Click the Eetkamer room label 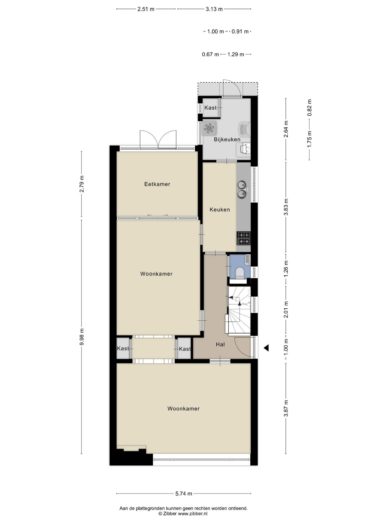click(x=157, y=184)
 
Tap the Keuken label click(x=220, y=210)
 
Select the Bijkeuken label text click(x=227, y=139)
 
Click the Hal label click(x=220, y=344)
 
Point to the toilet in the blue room click(x=240, y=272)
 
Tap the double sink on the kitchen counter click(x=242, y=189)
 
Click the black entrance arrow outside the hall click(x=266, y=348)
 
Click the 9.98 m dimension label click(x=82, y=337)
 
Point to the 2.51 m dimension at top click(x=146, y=9)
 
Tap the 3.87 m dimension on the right click(x=286, y=408)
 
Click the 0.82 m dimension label click(x=310, y=108)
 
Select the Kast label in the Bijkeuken click(x=211, y=108)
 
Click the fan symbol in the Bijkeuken click(x=209, y=128)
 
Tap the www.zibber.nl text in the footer click(x=192, y=514)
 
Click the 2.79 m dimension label click(x=82, y=184)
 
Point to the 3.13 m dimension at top click(x=214, y=9)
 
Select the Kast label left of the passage click(x=123, y=348)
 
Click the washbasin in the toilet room click(x=247, y=259)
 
